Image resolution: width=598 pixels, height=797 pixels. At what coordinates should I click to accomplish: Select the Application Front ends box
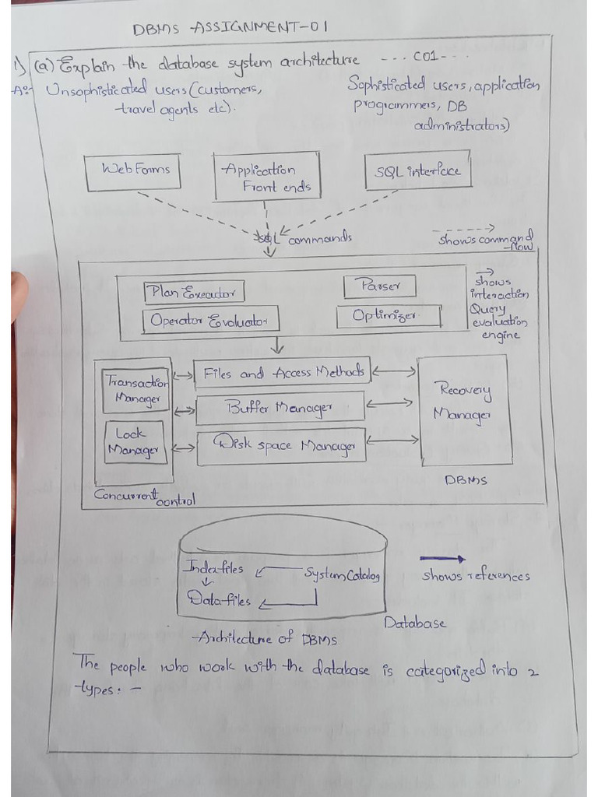[266, 178]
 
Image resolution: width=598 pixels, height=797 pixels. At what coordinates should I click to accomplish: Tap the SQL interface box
[418, 172]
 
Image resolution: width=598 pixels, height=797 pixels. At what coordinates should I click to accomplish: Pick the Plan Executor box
[193, 293]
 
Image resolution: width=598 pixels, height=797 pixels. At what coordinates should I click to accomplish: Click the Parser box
[379, 286]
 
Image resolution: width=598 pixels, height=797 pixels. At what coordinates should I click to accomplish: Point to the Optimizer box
[389, 316]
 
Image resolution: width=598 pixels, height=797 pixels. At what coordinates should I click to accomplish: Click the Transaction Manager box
[136, 390]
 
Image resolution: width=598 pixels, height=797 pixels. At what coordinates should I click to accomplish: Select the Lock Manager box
[135, 442]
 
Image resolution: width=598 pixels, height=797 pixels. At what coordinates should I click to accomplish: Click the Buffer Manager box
[280, 408]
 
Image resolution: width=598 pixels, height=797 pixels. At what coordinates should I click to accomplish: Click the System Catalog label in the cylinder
[341, 575]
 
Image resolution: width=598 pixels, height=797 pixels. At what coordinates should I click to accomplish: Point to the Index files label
[213, 568]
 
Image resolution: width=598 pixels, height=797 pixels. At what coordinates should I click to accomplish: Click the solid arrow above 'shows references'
[442, 558]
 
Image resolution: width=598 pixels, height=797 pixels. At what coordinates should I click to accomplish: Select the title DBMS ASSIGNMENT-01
[230, 28]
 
